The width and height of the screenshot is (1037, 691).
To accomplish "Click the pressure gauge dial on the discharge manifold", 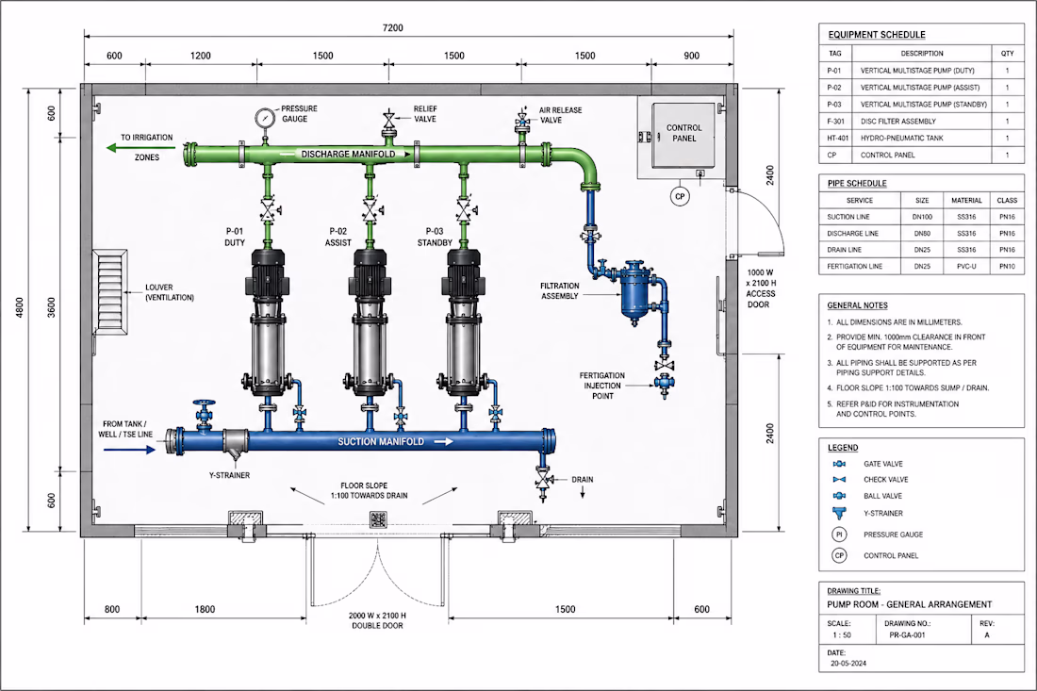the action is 265,118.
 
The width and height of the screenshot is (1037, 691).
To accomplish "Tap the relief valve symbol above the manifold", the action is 388,121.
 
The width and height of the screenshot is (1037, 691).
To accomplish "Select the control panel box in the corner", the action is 683,135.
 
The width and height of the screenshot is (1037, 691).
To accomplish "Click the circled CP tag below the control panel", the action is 679,196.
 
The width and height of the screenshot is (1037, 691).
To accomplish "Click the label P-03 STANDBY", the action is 435,237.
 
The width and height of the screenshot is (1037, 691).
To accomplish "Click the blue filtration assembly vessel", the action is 635,291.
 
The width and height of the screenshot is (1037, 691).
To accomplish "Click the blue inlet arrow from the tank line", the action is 130,450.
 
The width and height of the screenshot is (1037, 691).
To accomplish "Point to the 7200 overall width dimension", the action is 392,27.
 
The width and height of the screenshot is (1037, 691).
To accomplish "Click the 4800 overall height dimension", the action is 19,307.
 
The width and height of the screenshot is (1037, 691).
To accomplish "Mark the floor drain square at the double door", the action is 378,519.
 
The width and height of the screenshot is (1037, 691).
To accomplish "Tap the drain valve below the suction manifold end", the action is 544,479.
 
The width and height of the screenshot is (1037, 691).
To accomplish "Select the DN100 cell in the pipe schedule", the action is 922,217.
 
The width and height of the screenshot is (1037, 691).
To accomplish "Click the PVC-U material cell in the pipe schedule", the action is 966,267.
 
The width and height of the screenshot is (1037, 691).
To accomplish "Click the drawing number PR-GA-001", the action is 907,634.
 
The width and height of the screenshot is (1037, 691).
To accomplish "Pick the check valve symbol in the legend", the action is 839,480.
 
